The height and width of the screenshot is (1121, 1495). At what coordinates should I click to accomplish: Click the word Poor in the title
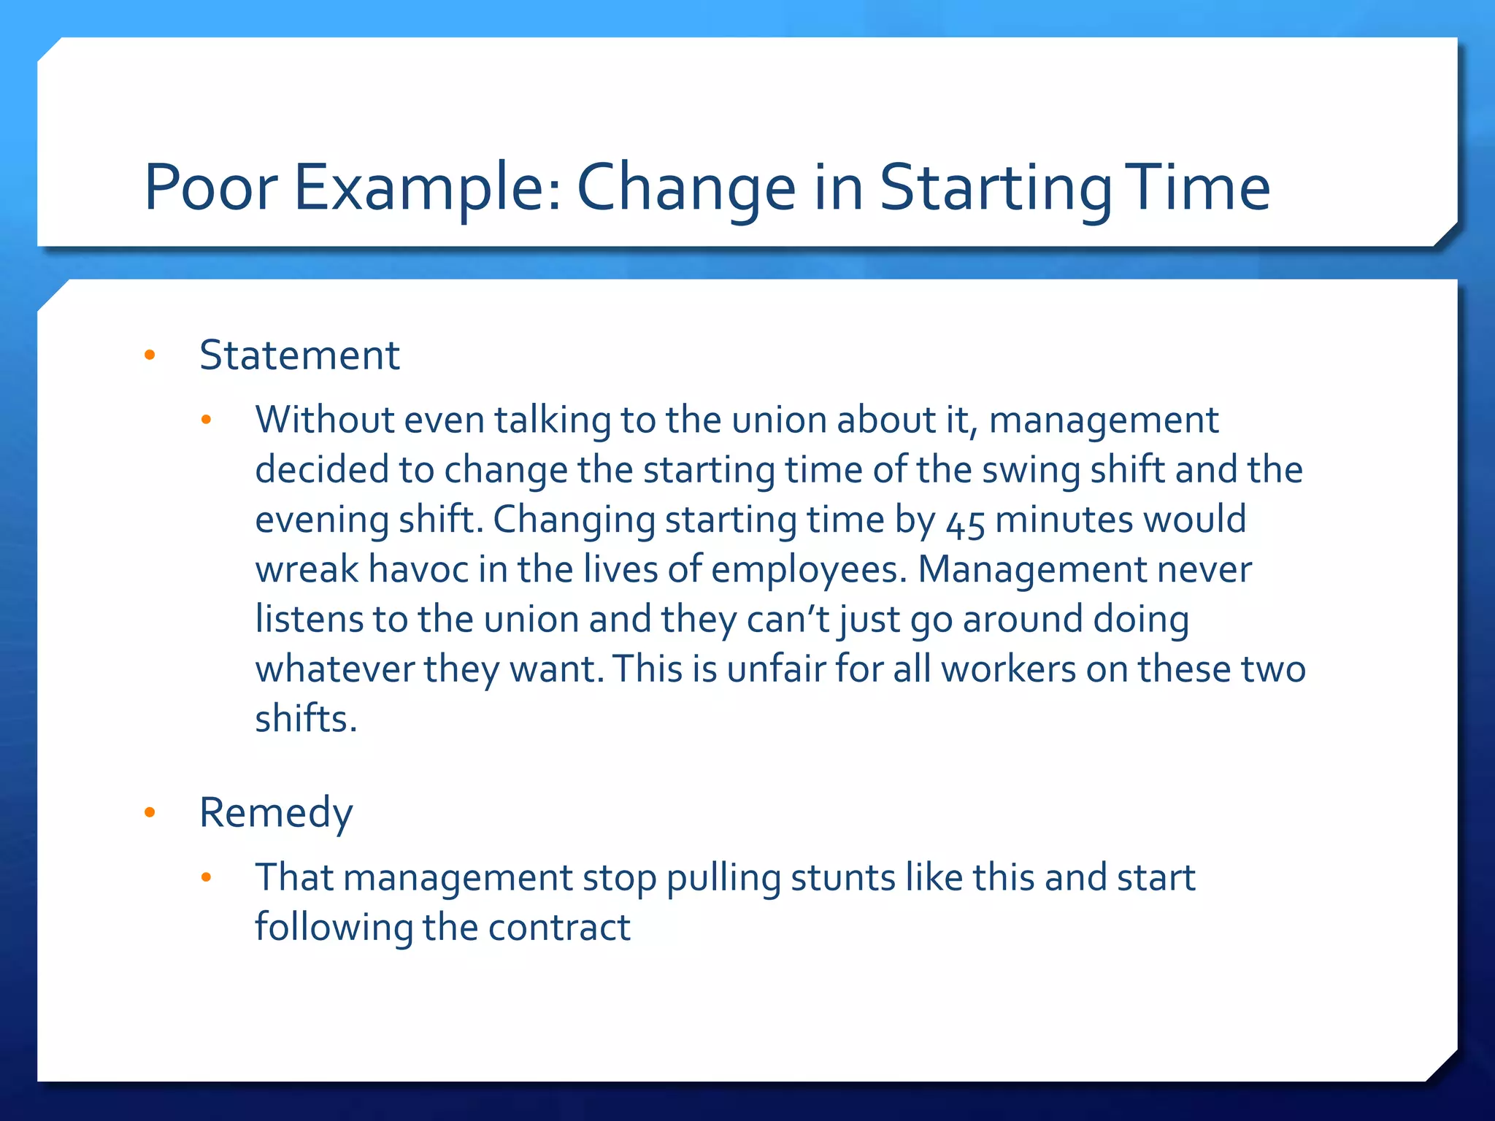211,188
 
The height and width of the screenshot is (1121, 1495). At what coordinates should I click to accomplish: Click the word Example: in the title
428,188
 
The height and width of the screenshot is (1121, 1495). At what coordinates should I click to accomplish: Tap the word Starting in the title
995,188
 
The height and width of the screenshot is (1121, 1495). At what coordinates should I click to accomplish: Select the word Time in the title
1198,188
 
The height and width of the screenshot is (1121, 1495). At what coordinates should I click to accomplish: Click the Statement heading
299,355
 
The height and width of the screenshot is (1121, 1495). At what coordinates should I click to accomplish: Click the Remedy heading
276,812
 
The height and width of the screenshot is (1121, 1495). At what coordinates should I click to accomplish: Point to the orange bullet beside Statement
150,355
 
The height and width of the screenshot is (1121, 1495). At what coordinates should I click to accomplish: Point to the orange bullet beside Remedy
150,812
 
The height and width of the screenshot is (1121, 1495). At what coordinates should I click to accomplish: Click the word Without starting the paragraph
325,420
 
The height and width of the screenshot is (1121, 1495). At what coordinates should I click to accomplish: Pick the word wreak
307,569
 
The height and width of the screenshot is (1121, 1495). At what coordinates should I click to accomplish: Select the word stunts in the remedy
842,877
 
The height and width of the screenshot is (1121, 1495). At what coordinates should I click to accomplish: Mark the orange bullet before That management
206,877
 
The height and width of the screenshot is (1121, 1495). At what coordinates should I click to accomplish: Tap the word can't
788,619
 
